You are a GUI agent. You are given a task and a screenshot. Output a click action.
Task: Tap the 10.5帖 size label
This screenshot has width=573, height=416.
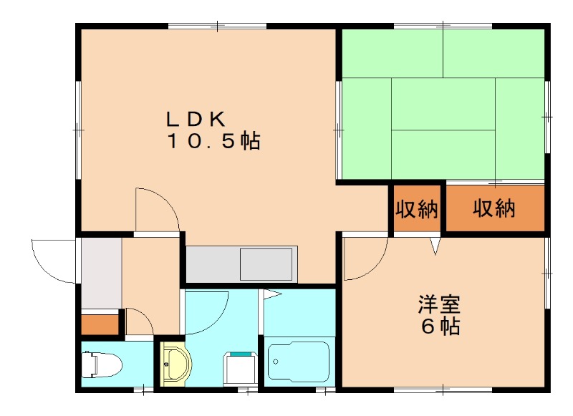click(x=213, y=141)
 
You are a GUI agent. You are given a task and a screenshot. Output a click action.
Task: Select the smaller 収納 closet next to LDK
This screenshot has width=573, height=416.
click(x=417, y=209)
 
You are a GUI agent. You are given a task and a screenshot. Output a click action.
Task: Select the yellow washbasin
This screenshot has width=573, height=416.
click(x=173, y=366)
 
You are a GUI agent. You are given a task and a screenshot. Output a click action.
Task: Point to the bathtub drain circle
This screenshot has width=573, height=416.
click(x=276, y=364)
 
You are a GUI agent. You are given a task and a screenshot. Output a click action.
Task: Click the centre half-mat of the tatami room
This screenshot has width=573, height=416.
click(x=443, y=104)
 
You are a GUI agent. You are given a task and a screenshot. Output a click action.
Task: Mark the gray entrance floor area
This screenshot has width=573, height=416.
click(x=100, y=273)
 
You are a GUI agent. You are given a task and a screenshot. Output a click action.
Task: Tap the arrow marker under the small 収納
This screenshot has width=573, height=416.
click(x=435, y=246)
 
